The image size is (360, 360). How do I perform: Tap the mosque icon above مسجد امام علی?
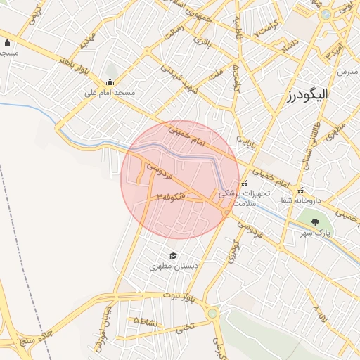point(110,81)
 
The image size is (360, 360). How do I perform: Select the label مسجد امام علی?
point(110,92)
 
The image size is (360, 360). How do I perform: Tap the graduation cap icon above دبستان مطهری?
point(173,255)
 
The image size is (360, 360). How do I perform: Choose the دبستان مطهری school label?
point(173,266)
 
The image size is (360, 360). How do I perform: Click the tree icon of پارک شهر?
point(314,222)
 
